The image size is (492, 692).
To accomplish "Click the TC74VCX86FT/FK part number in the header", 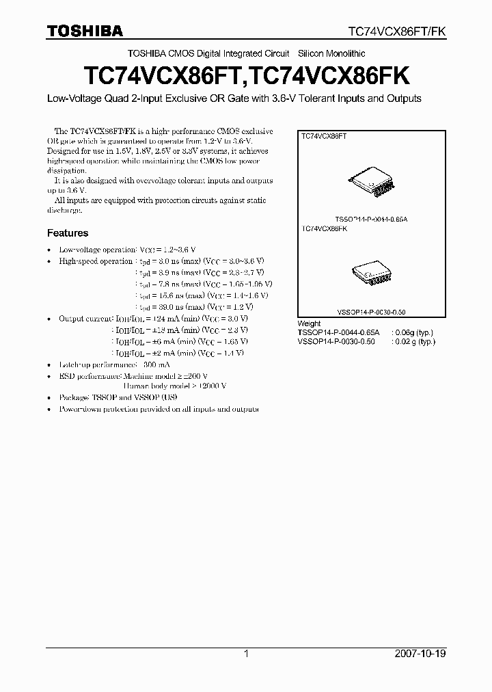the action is (397, 31).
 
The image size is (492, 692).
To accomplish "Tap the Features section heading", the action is (68, 233).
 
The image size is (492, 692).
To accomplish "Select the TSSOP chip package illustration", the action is (371, 181).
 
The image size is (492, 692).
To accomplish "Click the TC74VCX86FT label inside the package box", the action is (325, 137).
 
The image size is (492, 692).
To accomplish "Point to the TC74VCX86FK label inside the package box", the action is (325, 229).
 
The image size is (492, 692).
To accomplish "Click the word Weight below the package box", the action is (309, 323).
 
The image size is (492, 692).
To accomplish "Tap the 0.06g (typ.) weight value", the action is (413, 332).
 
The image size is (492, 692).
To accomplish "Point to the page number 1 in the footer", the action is (246, 654).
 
